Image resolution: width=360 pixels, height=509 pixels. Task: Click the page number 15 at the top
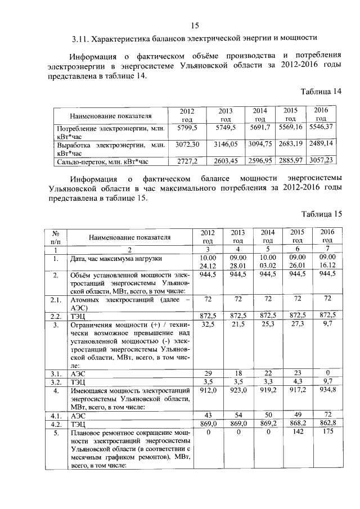coord(195,25)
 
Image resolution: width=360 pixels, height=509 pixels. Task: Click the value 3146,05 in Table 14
coord(226,145)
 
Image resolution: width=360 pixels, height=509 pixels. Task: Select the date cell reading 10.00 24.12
coord(208,262)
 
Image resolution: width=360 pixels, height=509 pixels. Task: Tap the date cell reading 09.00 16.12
coord(327,262)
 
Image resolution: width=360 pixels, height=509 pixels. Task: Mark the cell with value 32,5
coord(208,325)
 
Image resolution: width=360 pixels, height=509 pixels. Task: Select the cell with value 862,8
coord(327,424)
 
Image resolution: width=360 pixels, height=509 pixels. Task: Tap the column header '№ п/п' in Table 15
coord(56,236)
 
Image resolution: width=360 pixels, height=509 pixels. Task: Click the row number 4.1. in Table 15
coord(56,416)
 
